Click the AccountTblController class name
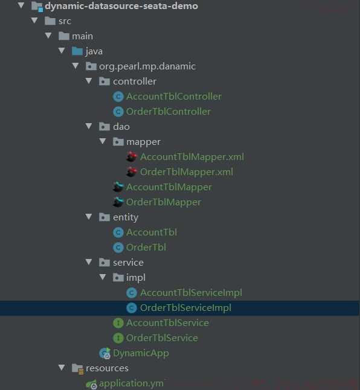point(174,97)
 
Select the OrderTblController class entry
point(169,112)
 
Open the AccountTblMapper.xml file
point(192,157)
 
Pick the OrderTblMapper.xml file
point(187,172)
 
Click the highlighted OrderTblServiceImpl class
point(185,308)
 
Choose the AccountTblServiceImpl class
point(191,293)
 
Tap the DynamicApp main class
point(141,353)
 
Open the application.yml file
point(131,383)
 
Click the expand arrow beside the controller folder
point(89,81)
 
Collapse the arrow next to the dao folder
point(89,126)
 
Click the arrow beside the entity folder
point(89,217)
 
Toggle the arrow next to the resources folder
point(62,368)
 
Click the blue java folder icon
point(77,51)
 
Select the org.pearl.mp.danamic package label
point(147,66)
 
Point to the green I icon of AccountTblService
point(118,323)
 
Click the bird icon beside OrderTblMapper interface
point(118,202)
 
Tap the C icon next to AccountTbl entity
point(118,232)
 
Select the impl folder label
point(136,278)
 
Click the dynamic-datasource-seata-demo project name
point(121,6)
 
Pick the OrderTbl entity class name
point(146,248)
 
